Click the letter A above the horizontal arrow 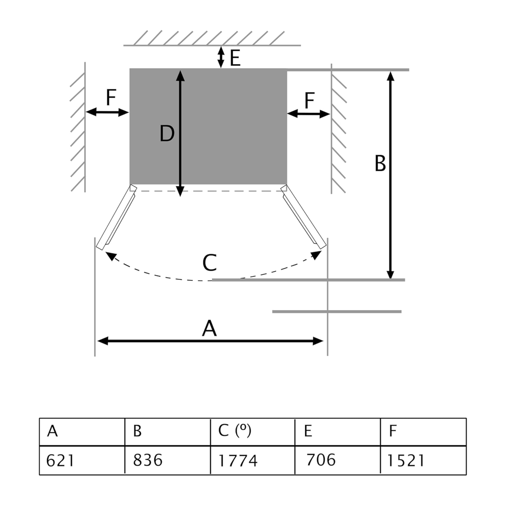click(x=209, y=329)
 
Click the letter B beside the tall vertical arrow click(x=380, y=164)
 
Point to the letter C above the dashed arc click(x=209, y=263)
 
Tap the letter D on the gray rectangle click(x=166, y=134)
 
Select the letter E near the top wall click(x=235, y=59)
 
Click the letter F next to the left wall click(x=111, y=98)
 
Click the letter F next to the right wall click(x=310, y=101)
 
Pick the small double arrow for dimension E click(x=221, y=57)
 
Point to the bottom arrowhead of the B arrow click(x=390, y=273)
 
